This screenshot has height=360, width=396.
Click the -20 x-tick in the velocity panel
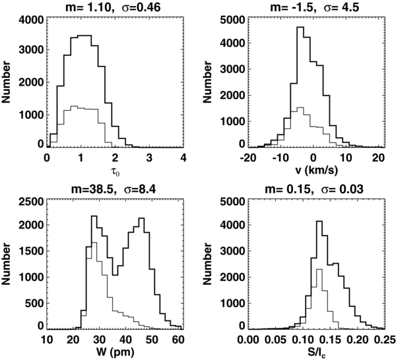pos(249,159)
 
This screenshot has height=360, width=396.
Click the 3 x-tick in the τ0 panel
pos(149,159)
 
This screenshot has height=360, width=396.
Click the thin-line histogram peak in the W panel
pos(94,243)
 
